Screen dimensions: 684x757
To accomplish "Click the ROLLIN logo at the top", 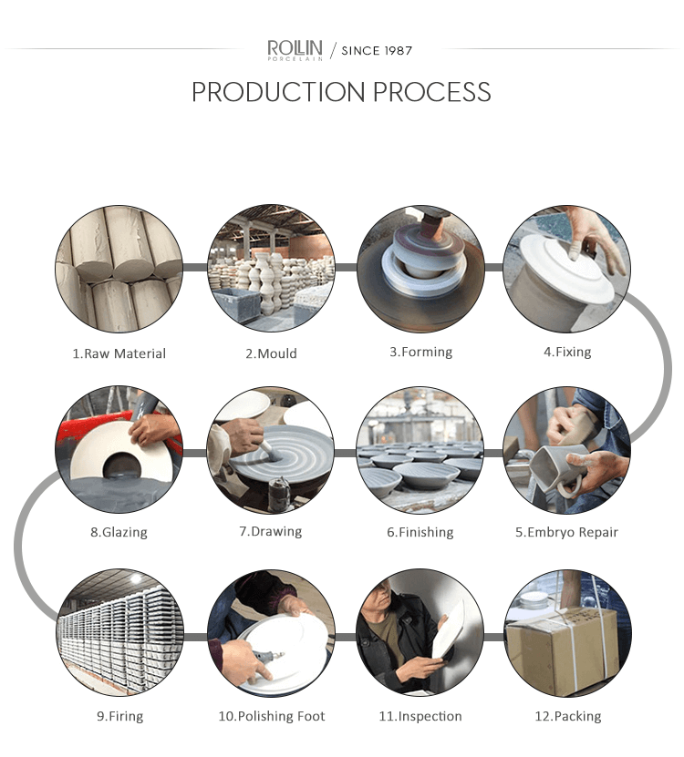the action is [x=295, y=50].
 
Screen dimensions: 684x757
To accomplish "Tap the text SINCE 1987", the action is [x=377, y=51].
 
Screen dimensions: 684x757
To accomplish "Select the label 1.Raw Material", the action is [x=119, y=353].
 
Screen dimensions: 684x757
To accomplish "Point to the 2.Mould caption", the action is [x=271, y=353].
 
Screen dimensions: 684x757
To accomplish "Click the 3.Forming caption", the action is [x=421, y=352].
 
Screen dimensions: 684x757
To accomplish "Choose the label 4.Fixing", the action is [x=567, y=352].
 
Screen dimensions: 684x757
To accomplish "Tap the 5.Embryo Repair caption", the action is [x=566, y=532].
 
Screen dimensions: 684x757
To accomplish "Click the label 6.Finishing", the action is [x=420, y=532].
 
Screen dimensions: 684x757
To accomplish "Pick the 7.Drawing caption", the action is [x=271, y=532].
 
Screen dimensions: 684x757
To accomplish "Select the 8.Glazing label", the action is [x=119, y=532].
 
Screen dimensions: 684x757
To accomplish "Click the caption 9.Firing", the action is [x=119, y=716].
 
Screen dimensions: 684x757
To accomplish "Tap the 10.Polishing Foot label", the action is [x=272, y=716].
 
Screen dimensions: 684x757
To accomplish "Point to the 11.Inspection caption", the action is [x=420, y=716].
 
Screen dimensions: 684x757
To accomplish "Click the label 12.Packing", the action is [x=568, y=716].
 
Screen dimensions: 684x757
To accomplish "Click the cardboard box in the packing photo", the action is [x=562, y=650].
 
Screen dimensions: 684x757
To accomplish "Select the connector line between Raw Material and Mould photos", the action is [x=195, y=268].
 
